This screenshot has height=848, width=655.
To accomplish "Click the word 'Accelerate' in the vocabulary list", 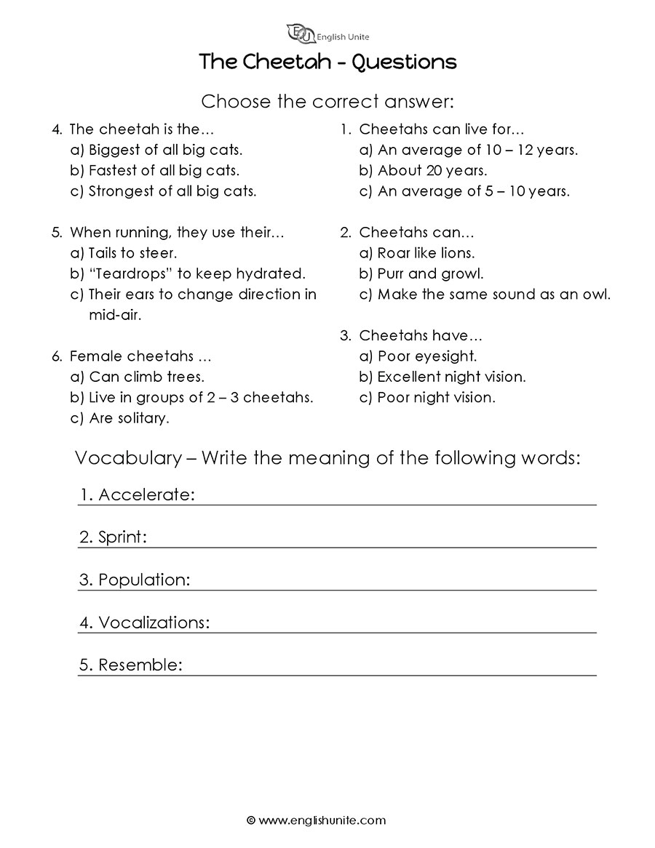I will click(x=146, y=495).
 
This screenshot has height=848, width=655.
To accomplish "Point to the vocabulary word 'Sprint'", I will click(x=122, y=538).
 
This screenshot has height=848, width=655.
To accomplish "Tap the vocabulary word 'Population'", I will click(x=143, y=580).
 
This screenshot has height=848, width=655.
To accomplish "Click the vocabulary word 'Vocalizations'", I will click(x=154, y=623).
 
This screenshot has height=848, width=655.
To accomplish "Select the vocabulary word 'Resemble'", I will click(x=139, y=665).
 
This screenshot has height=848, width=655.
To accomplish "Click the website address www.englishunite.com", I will click(x=322, y=820).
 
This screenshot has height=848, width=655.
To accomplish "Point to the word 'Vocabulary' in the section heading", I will click(x=127, y=458).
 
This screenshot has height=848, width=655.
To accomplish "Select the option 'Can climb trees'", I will click(x=137, y=377).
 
